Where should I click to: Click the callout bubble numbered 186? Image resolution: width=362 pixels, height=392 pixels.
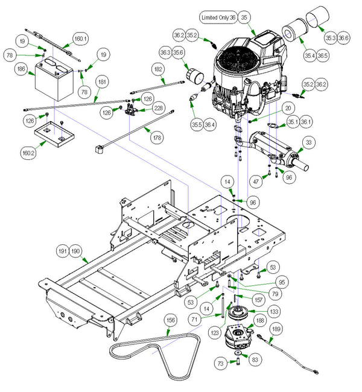pyautogui.click(x=22, y=70)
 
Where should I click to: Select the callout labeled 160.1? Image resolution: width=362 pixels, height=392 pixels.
pyautogui.click(x=80, y=39)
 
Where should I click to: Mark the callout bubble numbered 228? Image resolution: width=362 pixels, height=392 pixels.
pyautogui.click(x=159, y=107)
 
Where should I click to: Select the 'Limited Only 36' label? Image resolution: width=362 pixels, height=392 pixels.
pyautogui.click(x=212, y=19)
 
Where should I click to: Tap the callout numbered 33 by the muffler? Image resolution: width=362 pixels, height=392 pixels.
pyautogui.click(x=309, y=142)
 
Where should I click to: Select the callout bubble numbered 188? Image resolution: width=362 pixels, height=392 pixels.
pyautogui.click(x=259, y=321)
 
